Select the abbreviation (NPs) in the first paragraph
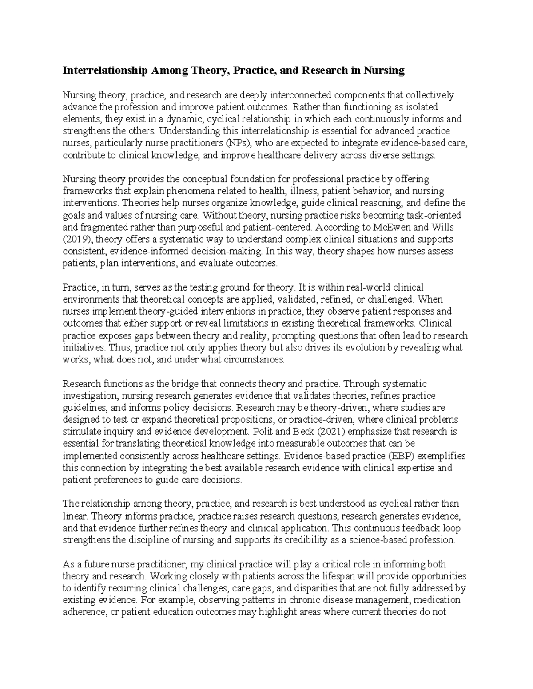tap(238, 143)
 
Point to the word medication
tap(439, 600)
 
